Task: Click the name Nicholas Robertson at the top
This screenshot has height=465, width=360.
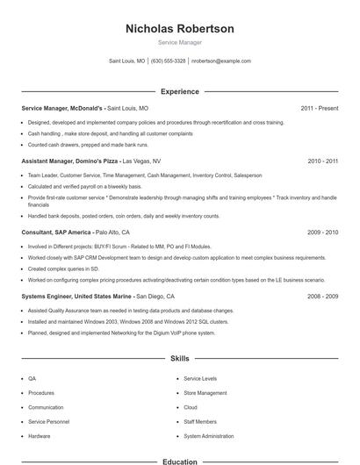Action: [x=180, y=29]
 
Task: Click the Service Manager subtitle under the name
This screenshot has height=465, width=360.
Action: [x=180, y=42]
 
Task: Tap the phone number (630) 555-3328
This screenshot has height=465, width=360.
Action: [x=168, y=61]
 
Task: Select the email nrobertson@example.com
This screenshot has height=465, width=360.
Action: [x=221, y=61]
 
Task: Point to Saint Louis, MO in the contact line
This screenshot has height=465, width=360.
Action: [x=126, y=61]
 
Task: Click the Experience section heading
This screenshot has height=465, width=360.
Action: [x=180, y=91]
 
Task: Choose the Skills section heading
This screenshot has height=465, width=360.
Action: [x=180, y=359]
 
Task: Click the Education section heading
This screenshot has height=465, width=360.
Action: [x=180, y=461]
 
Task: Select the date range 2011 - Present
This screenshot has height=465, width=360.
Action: [x=319, y=108]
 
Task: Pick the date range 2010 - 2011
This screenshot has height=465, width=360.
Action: [x=322, y=161]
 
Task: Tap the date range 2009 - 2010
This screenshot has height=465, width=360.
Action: [x=322, y=232]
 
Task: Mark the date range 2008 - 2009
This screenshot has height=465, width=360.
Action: [x=322, y=297]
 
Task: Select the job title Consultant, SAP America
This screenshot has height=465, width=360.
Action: [x=55, y=232]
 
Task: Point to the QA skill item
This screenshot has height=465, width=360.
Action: [x=32, y=379]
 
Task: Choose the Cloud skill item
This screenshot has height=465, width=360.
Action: [x=190, y=407]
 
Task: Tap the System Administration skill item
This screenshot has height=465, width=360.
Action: [x=209, y=436]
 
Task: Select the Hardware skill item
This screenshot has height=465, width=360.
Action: [x=39, y=436]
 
